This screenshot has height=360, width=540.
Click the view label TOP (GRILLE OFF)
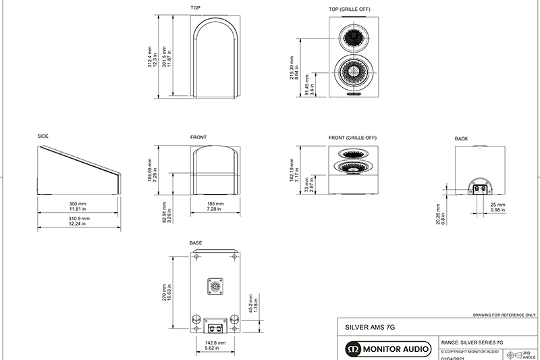click(x=350, y=9)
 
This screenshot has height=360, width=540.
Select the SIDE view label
click(x=43, y=136)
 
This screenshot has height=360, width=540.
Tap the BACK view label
click(x=461, y=138)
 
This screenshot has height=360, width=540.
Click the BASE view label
click(x=196, y=242)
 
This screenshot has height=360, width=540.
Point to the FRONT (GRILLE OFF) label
click(x=352, y=138)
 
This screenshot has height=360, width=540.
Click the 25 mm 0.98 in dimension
click(x=497, y=207)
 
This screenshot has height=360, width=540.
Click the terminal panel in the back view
click(x=481, y=190)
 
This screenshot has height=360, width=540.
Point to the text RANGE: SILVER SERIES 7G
click(x=472, y=343)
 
